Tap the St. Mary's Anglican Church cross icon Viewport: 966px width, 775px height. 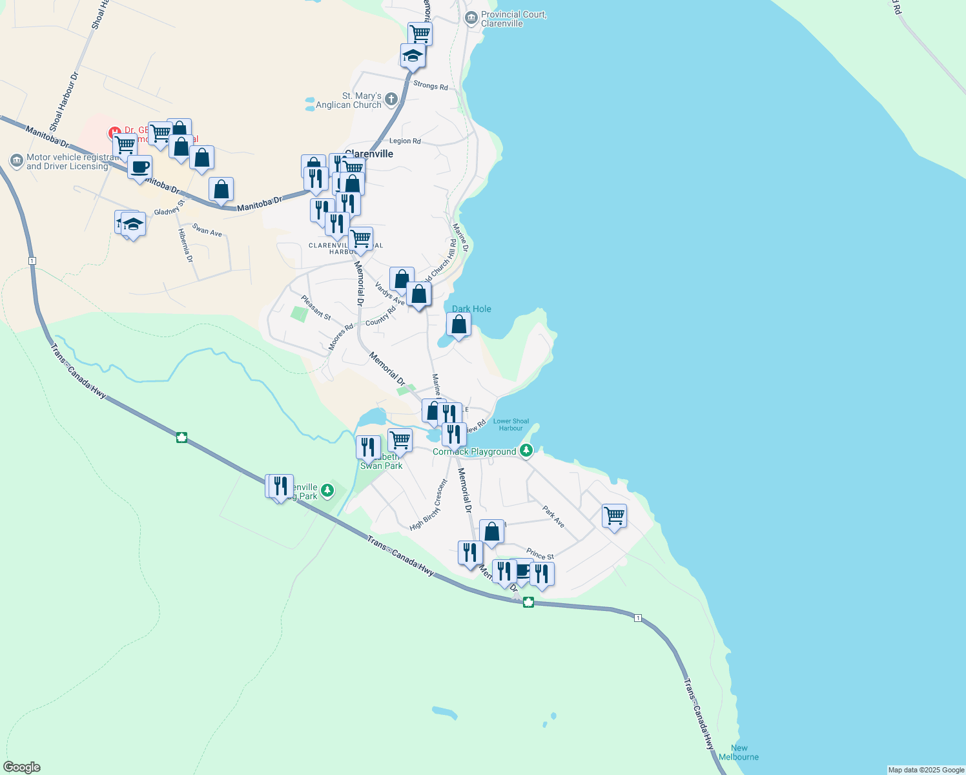391,99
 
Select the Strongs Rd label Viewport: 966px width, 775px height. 430,85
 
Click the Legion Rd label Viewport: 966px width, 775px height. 405,141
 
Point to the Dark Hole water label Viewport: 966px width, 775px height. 471,309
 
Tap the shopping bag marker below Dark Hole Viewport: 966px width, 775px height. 458,325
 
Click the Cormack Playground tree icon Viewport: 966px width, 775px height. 526,451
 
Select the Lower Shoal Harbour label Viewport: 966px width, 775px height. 511,424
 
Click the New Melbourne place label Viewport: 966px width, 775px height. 739,752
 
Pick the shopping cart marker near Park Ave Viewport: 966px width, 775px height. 614,516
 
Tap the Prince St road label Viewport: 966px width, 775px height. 540,554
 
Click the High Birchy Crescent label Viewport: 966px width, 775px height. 428,505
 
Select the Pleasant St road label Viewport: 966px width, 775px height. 316,307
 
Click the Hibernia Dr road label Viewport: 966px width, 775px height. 185,245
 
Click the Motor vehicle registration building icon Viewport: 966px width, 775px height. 17,160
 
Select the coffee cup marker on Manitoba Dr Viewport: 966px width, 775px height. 139,167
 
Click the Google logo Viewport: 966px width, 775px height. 22,767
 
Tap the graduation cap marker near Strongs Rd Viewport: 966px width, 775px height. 413,56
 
